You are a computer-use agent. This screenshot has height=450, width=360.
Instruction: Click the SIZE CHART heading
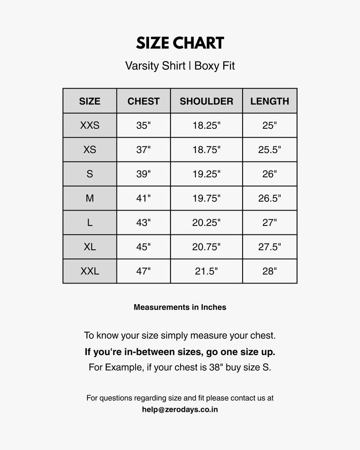(180, 43)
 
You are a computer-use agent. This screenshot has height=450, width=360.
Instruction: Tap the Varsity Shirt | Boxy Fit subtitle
(180, 66)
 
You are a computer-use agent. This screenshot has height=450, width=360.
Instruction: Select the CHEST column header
(144, 101)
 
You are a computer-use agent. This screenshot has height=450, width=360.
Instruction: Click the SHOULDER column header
(207, 101)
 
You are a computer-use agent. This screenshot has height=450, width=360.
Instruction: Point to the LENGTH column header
(270, 101)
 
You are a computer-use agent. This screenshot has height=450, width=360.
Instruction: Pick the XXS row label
(90, 126)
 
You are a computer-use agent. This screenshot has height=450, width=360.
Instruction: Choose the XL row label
(90, 247)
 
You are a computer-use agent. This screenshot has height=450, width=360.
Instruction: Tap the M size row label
(90, 198)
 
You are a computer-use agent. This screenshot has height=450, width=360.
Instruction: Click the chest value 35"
(144, 126)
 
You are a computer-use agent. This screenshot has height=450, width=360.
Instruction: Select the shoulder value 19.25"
(207, 174)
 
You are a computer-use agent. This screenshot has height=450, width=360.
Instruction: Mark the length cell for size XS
(270, 150)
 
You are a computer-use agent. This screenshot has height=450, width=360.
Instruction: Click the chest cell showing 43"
(144, 223)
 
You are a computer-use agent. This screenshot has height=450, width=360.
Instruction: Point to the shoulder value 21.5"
(207, 271)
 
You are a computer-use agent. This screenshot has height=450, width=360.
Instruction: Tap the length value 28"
(270, 271)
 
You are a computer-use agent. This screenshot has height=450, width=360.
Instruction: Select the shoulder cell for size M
(207, 198)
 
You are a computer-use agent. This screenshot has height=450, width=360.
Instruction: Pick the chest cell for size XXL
(144, 271)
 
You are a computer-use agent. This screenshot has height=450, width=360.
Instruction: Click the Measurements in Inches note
(180, 307)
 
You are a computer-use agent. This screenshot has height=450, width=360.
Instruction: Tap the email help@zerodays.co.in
(180, 409)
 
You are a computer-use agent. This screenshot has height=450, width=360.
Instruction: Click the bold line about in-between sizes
(180, 351)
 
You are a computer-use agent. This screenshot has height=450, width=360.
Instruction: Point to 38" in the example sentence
(214, 367)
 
